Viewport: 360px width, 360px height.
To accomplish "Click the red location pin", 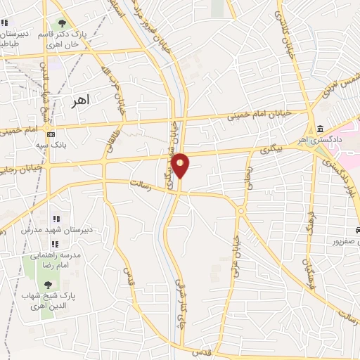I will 181,165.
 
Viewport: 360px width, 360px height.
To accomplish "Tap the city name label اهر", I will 82,101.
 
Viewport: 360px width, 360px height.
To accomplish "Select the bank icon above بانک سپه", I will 50,134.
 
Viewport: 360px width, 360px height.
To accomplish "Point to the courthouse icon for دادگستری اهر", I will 321,129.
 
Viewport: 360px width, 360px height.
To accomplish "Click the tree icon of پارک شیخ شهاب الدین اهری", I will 47,285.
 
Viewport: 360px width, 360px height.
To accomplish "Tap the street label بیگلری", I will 269,150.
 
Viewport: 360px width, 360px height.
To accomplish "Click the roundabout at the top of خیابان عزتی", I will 240,210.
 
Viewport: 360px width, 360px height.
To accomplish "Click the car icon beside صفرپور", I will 357,230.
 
